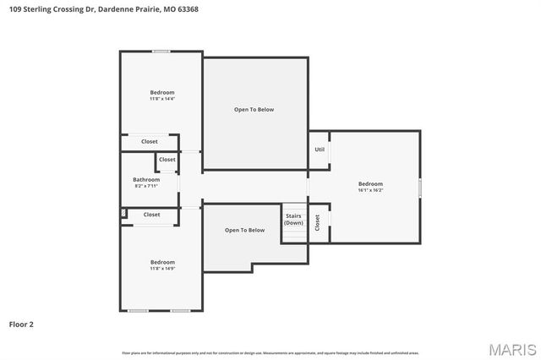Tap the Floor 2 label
coord(21,324)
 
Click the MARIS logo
coord(511,348)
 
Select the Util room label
coord(320,150)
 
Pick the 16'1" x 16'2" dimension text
coord(370,190)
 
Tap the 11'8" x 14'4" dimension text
coord(162,98)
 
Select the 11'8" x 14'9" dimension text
coord(162,268)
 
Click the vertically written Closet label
coord(317,222)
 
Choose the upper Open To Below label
coord(254,109)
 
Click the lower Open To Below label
coord(244,230)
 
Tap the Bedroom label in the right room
coord(370,183)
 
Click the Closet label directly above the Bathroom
coord(167,160)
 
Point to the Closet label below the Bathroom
coord(151,215)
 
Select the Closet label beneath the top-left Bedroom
coord(150,141)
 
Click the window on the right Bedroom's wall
coord(420,188)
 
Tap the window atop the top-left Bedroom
coord(161,52)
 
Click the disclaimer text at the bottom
coord(270,352)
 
